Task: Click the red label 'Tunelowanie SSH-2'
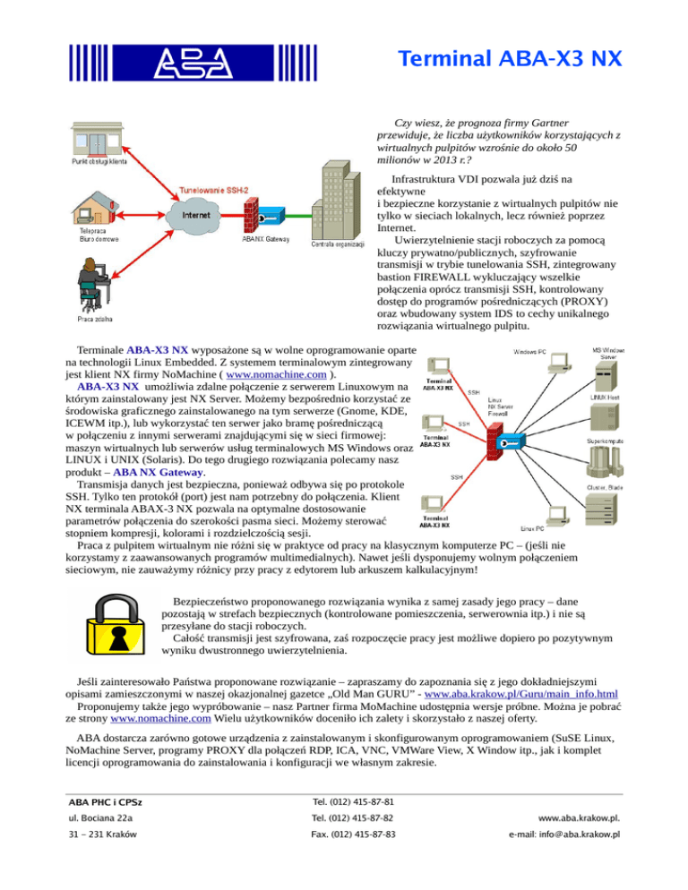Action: click(x=214, y=189)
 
